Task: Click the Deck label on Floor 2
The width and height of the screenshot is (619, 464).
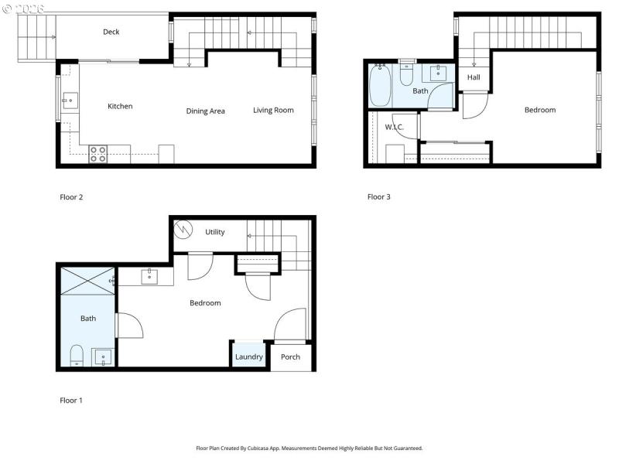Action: coord(111,32)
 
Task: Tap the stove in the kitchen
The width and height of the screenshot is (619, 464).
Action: coord(98,154)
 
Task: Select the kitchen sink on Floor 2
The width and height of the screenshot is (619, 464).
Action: coord(69,100)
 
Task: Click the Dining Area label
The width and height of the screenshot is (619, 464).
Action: coord(206,111)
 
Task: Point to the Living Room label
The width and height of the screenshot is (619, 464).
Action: coord(273,110)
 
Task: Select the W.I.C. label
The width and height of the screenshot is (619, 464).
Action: coord(395,127)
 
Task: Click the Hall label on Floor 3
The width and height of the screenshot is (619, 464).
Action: coord(474,77)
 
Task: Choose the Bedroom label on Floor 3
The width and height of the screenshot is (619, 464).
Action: coord(540,110)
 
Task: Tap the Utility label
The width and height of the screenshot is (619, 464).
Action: coord(215,232)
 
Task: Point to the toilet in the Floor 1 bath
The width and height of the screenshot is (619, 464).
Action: coord(77,355)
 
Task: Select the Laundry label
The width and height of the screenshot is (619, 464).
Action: coord(249,357)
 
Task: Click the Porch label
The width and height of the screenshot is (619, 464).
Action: coord(290,357)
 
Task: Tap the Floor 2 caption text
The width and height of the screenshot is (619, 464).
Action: coord(71,197)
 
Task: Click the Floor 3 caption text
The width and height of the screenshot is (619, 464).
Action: coord(379,197)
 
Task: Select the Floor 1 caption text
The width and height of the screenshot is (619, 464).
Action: coord(71,401)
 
